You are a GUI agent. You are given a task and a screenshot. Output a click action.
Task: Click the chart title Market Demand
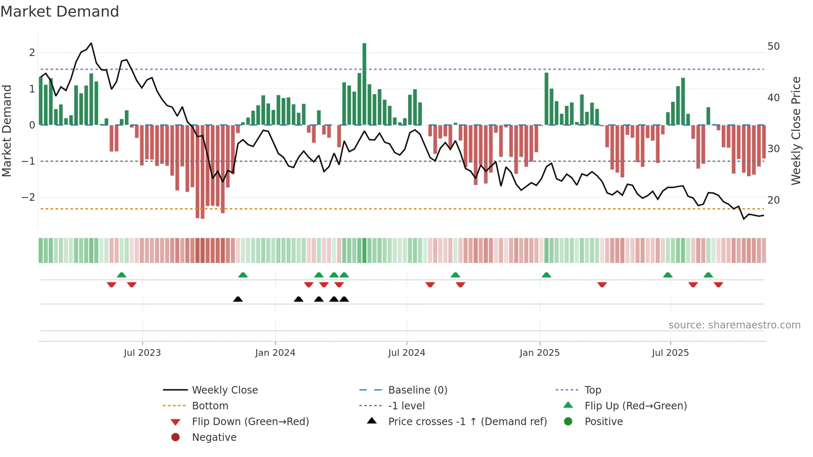click(60, 11)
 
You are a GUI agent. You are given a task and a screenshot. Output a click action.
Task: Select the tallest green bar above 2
click(364, 83)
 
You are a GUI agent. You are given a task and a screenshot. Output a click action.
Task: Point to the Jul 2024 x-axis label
click(406, 353)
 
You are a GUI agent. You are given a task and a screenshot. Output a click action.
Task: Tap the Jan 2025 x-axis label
click(539, 353)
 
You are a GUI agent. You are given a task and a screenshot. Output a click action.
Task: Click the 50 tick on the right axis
click(773, 46)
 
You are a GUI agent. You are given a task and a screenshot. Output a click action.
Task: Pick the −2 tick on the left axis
click(28, 197)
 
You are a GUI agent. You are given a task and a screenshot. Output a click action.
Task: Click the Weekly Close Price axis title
click(796, 131)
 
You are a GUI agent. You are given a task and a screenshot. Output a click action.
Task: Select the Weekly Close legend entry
click(224, 390)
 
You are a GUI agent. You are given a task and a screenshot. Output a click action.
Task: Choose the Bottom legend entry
click(210, 406)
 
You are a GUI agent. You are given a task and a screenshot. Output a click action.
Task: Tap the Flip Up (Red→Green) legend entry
click(635, 406)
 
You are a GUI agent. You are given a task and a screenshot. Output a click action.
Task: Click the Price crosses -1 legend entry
click(467, 421)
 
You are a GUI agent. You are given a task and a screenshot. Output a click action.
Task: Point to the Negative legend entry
click(214, 437)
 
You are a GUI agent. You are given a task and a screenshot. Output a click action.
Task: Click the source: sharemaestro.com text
click(734, 325)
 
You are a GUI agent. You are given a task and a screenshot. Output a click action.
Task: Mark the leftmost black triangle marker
click(238, 299)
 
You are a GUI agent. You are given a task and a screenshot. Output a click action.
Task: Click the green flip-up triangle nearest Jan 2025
click(546, 275)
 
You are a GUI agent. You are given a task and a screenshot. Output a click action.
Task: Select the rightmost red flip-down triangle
click(718, 284)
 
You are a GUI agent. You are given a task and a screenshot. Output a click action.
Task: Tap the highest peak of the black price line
click(91, 43)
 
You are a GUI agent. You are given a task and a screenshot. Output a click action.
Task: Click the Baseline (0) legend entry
click(417, 390)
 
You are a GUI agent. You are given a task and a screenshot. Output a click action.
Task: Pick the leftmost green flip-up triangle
click(122, 275)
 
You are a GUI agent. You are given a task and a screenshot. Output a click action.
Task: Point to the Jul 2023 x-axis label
click(142, 353)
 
